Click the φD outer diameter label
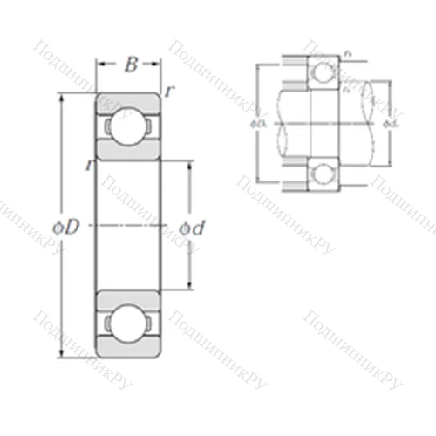point(66,228)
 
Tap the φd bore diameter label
point(192,228)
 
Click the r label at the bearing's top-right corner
point(169,92)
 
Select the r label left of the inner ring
point(90,165)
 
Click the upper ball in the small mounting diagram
point(324,75)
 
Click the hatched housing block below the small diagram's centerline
point(294,178)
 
